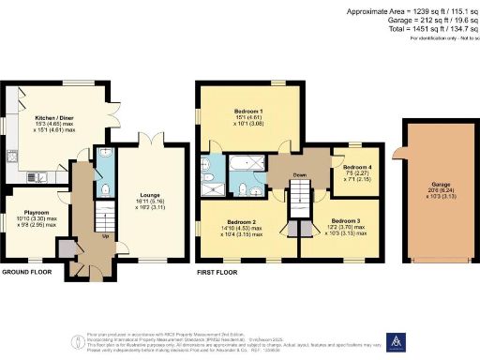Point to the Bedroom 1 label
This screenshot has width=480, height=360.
(x=248, y=112)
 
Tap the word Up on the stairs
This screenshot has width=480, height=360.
(x=103, y=235)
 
